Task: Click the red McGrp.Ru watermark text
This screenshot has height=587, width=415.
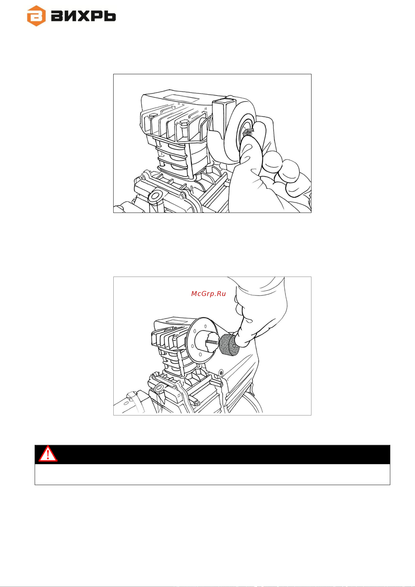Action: point(208,294)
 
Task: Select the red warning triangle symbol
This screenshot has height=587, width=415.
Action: point(48,454)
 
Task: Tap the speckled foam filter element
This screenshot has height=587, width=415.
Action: point(229,344)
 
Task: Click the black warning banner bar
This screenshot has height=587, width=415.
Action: point(212,454)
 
